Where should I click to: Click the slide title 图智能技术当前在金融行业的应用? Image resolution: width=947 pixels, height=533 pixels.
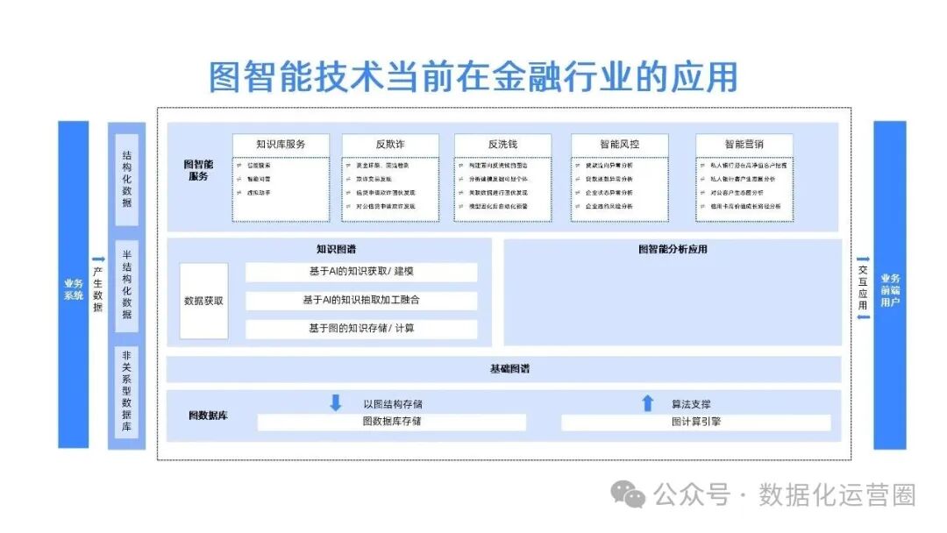[473, 76]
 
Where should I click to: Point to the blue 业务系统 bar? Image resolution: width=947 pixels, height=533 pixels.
[74, 284]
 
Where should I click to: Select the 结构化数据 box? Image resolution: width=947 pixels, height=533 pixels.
[127, 178]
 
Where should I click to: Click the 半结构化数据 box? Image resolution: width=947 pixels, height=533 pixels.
[127, 286]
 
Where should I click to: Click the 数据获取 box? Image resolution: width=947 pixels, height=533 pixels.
[203, 301]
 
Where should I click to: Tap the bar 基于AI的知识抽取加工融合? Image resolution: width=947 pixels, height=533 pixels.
[361, 301]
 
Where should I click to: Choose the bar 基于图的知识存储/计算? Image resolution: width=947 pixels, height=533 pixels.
[361, 329]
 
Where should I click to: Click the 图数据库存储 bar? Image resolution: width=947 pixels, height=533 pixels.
[391, 422]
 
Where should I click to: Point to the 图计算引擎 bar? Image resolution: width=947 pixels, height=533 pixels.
[695, 423]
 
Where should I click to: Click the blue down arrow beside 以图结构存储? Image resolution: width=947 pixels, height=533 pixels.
[335, 403]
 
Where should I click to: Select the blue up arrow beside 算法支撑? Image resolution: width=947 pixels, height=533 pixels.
[647, 403]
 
